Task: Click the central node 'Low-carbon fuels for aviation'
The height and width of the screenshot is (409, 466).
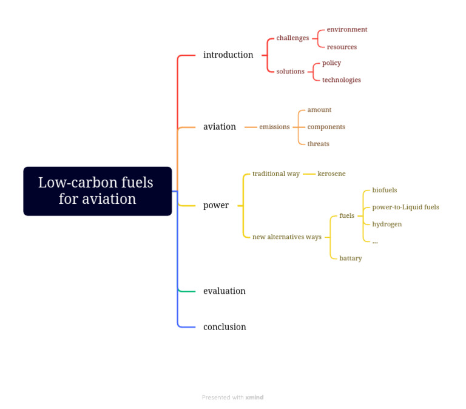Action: coord(97,191)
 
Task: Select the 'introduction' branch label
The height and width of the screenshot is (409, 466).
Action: coord(228,55)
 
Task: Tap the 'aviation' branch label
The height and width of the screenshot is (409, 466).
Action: coord(220,127)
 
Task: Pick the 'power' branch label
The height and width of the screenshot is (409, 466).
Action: coord(216,206)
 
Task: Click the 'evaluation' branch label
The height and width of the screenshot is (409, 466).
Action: coord(225,291)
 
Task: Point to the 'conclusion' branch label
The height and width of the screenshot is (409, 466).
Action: coord(225,327)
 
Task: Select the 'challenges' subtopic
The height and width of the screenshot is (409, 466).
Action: coord(292,38)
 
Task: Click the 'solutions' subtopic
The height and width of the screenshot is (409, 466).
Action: coord(290,72)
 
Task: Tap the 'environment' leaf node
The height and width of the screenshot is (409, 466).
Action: coord(347,30)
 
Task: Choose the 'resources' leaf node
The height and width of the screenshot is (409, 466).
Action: coord(342,47)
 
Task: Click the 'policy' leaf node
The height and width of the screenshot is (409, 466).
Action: coord(331,63)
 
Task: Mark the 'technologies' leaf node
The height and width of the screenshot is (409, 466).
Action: coord(342,80)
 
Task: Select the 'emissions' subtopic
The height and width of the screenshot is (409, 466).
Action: coord(274,127)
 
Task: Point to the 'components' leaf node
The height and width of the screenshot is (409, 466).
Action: coord(326,127)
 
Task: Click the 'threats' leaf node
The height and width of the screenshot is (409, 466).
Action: coord(319,144)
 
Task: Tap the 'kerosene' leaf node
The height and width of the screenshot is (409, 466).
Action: coord(331,174)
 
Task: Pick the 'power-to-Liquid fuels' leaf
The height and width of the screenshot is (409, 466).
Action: coord(405,207)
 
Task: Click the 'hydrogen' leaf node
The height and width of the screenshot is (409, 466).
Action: coord(387,224)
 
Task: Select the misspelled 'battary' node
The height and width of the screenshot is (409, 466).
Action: coord(351,259)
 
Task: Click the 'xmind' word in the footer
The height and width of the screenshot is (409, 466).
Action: coord(254,398)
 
